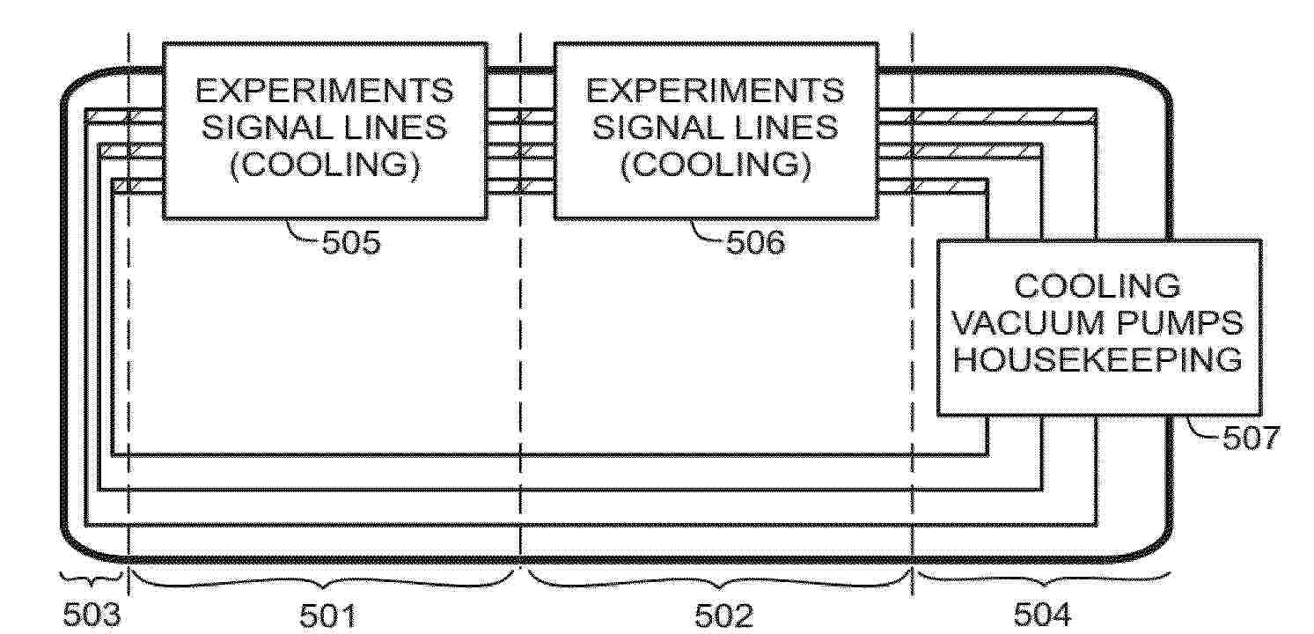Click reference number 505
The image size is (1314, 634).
point(351,242)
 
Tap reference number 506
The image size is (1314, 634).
point(755,242)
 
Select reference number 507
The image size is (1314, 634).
point(1251,438)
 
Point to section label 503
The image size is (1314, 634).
point(92,615)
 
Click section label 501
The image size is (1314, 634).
point(328,616)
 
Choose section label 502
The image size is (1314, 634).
point(723,616)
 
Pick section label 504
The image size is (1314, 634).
point(1042,615)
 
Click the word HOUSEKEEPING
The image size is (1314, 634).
point(1097,359)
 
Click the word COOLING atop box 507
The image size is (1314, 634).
point(1097,286)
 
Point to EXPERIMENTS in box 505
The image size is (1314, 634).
point(325,91)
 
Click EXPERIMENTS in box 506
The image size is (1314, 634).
point(715,91)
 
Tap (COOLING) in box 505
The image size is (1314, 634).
point(325,165)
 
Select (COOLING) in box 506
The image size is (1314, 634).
point(716,165)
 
